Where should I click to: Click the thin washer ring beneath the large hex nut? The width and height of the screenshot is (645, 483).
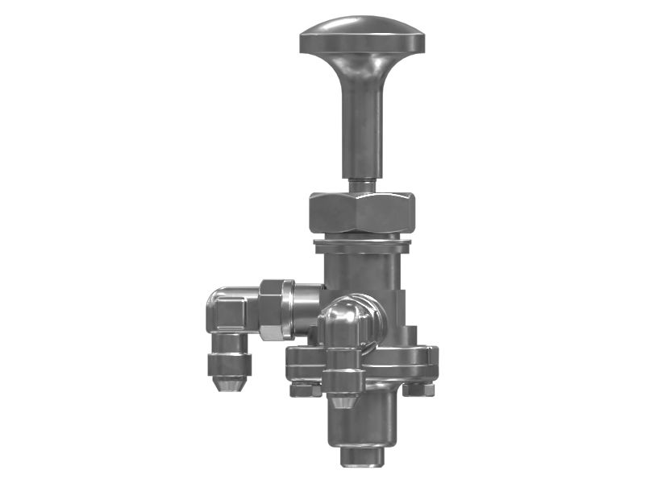[x=364, y=241]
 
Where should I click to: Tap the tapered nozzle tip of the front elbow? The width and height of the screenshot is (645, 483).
[x=343, y=398]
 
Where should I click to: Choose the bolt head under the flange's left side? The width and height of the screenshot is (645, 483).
[x=303, y=390]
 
